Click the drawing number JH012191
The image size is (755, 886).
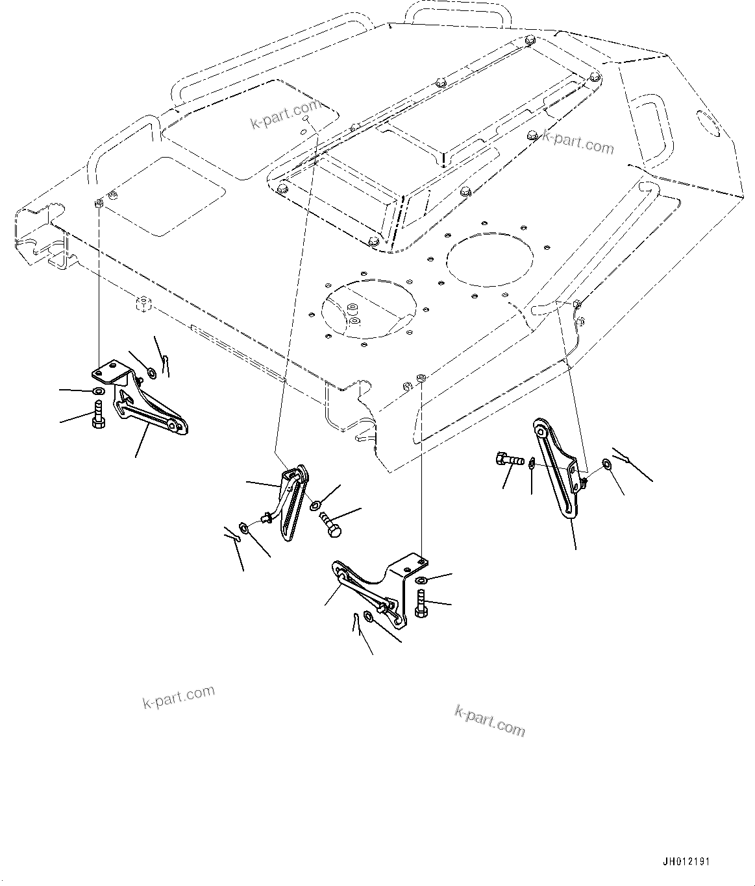[686, 862]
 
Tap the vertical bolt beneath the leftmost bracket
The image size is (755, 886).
[97, 414]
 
